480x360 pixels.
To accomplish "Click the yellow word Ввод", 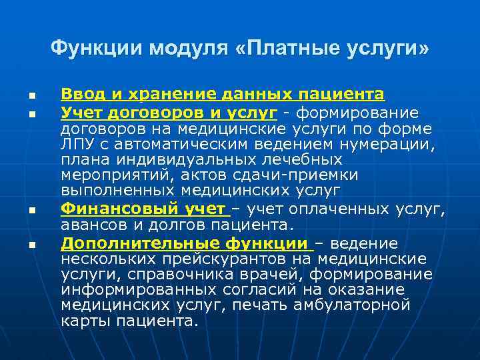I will [78, 94].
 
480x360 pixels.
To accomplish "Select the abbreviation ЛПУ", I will [76, 144].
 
